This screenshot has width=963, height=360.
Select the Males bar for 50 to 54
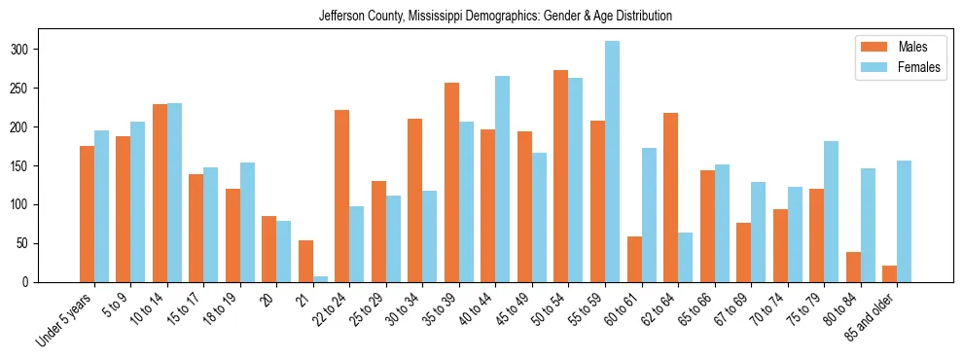click(x=560, y=176)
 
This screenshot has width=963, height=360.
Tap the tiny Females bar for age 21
click(x=320, y=278)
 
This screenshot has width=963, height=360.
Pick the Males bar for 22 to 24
click(x=341, y=196)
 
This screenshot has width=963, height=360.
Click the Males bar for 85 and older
click(x=889, y=273)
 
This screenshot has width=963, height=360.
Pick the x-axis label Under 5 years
click(x=65, y=318)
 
